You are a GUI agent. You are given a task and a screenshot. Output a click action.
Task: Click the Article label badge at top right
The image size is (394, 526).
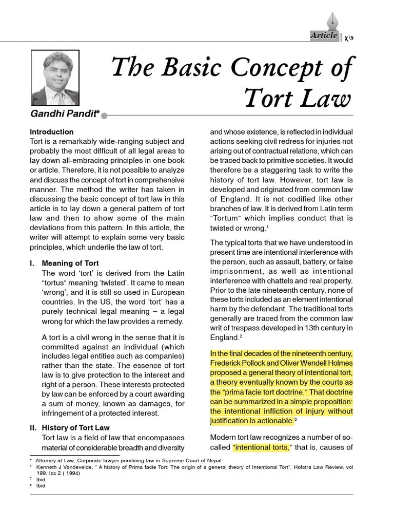point(324,35)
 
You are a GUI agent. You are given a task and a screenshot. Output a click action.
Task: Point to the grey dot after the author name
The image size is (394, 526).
point(104,116)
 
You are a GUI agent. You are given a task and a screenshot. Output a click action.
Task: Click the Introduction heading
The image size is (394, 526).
point(51,132)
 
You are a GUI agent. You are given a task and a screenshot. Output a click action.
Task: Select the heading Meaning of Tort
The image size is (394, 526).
point(70,264)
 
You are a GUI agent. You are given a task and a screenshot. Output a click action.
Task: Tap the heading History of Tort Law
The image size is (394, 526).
point(75,427)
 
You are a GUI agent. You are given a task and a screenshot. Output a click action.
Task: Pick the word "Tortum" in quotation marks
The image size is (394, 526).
point(227,218)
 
